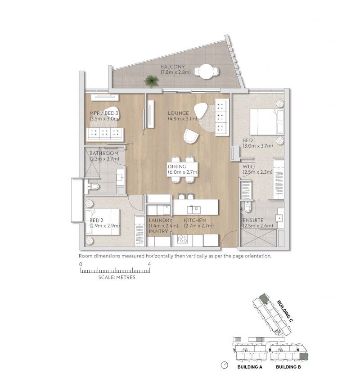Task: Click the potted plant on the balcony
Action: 152,81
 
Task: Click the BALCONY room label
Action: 172,67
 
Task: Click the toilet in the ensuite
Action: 247,208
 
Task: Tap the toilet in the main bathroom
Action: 95,186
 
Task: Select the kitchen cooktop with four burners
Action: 182,239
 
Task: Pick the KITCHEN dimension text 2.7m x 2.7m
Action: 198,226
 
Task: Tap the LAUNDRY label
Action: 160,221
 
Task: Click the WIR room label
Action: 247,167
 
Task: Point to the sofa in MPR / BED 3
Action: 105,134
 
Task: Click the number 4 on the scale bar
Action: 149,264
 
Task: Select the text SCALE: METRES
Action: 117,278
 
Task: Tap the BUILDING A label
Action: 250,367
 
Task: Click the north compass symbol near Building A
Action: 225,365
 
